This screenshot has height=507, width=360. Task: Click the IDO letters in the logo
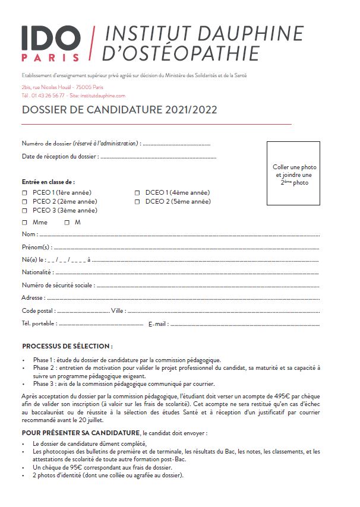(x=50, y=39)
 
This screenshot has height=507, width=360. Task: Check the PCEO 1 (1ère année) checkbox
(x=24, y=193)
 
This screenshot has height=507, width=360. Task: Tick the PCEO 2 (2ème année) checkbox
(x=24, y=202)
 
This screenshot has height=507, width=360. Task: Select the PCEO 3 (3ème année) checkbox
(x=24, y=211)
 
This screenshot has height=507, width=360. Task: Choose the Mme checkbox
(x=24, y=223)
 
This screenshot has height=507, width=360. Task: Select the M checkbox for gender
(x=67, y=223)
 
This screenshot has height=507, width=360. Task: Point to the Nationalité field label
(x=37, y=272)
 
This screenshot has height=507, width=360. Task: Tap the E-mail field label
(x=157, y=324)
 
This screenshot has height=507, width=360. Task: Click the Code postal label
(x=39, y=310)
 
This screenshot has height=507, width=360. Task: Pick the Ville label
(x=117, y=310)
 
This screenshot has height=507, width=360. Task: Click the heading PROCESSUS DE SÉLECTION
(x=67, y=346)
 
